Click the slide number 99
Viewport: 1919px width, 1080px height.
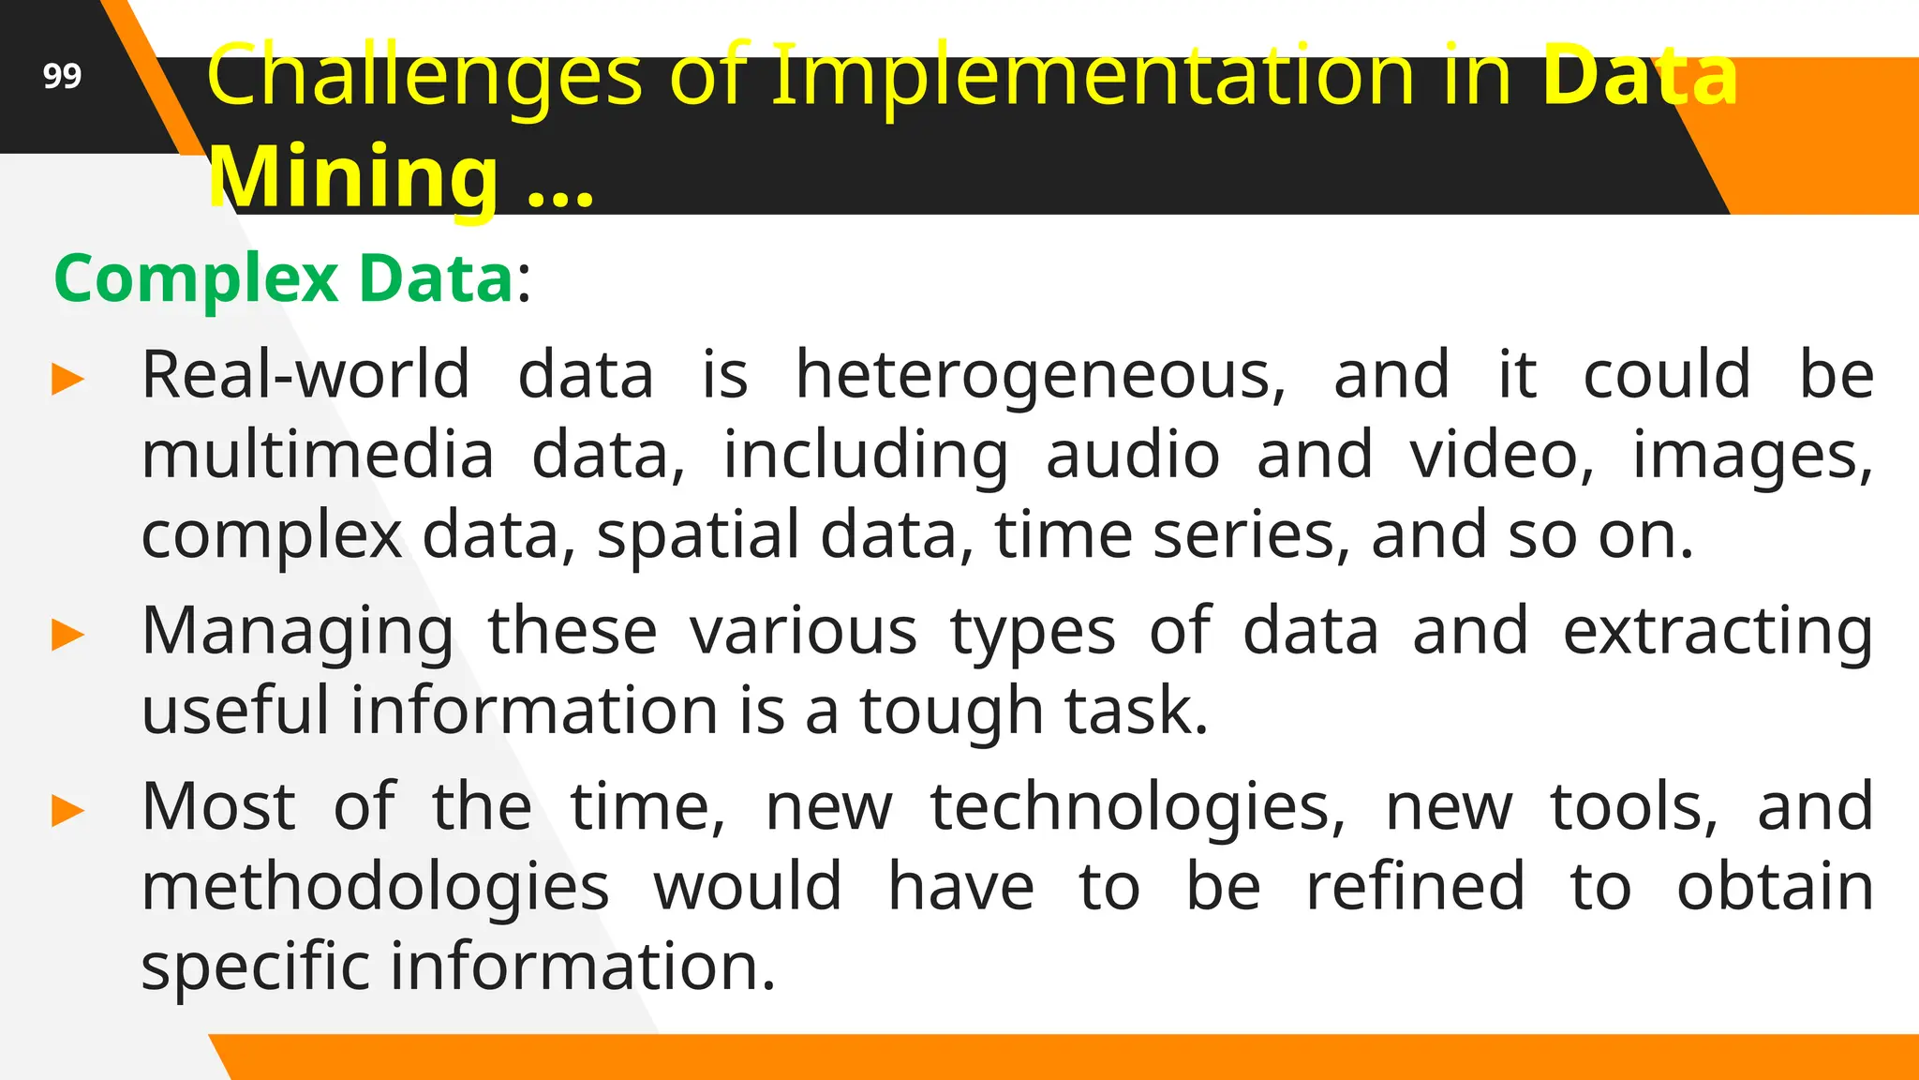pos(62,76)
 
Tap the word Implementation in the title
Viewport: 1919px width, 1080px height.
pos(1092,75)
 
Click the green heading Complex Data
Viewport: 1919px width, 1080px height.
pos(284,278)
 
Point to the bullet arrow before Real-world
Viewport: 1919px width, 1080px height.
pos(68,380)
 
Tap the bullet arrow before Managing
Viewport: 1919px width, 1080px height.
pos(68,635)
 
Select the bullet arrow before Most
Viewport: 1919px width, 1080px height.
pos(68,810)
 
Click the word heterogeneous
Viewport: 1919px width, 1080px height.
pos(1040,375)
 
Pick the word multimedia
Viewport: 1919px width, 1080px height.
pos(318,456)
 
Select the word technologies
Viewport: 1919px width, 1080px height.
pos(1138,807)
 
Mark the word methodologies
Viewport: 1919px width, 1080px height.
pos(376,887)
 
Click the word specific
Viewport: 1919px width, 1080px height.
pos(256,967)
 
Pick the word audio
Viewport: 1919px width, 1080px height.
pos(1133,456)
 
